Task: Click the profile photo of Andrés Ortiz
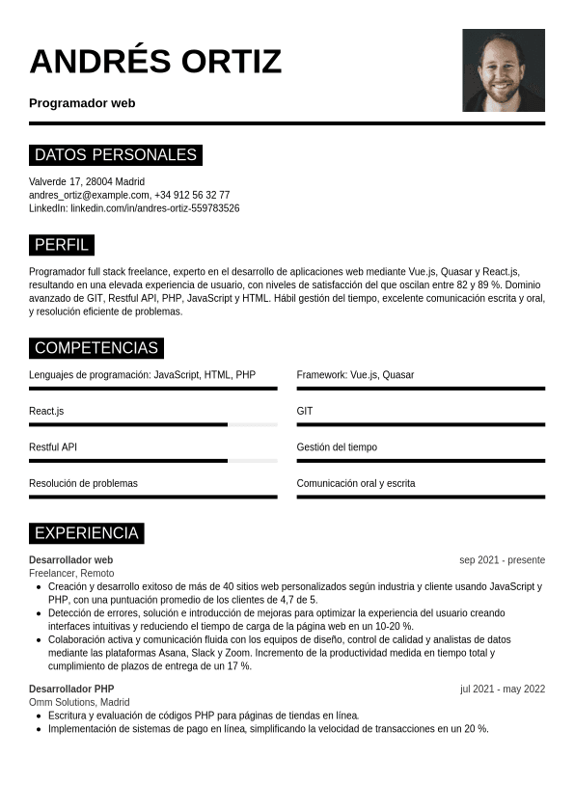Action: (x=504, y=70)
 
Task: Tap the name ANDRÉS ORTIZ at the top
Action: (x=155, y=61)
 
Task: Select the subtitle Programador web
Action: (x=82, y=103)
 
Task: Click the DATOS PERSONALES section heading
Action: (x=116, y=155)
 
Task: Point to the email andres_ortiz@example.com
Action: (x=89, y=195)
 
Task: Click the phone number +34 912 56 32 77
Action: (x=192, y=195)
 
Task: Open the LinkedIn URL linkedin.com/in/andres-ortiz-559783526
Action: (x=154, y=208)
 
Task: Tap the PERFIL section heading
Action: (x=62, y=245)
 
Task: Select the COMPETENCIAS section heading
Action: (x=96, y=348)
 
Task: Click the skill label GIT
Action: (x=305, y=411)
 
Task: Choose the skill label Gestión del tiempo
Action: (x=337, y=447)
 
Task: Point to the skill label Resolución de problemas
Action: (x=83, y=483)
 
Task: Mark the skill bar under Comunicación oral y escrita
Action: (x=421, y=497)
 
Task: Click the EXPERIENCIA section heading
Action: (x=87, y=533)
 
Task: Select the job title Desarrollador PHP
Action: (x=71, y=689)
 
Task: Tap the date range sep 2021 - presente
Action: (x=502, y=560)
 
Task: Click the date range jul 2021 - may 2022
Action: (x=503, y=689)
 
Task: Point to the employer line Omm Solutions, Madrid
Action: (x=79, y=702)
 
